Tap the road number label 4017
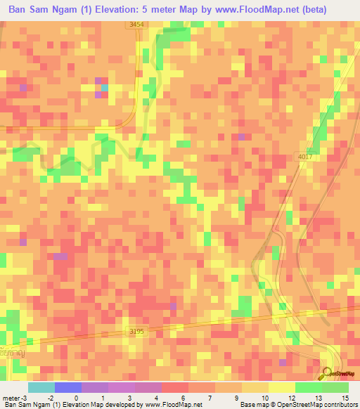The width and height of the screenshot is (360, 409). (304, 157)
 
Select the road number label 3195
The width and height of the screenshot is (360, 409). (137, 330)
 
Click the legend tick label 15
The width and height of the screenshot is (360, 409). (345, 397)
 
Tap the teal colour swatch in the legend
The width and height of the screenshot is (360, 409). (41, 387)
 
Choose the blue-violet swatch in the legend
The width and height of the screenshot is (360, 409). (68, 387)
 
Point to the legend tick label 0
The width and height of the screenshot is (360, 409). (77, 397)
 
